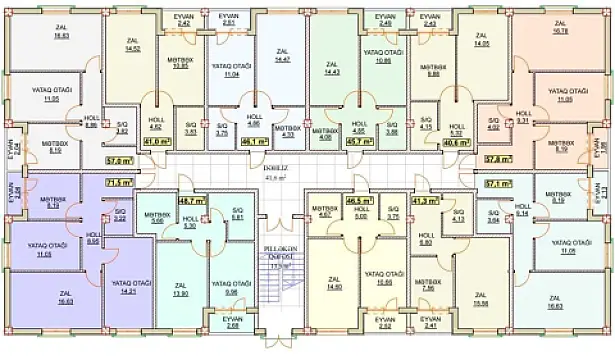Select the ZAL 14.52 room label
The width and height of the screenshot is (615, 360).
coord(132,44)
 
